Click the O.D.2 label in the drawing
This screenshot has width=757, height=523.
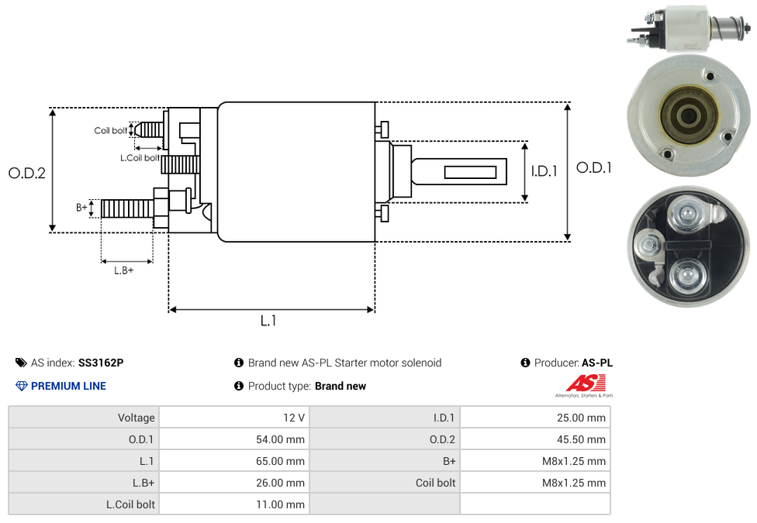tap(27, 173)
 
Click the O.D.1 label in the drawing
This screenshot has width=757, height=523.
tap(594, 167)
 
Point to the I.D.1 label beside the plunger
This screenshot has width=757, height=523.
tap(544, 172)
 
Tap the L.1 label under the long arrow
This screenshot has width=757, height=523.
tap(268, 321)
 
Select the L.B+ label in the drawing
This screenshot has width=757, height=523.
tap(124, 270)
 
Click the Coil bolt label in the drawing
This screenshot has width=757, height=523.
tap(111, 131)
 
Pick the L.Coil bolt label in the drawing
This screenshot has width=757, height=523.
tap(140, 158)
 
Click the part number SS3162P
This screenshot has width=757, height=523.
tap(101, 363)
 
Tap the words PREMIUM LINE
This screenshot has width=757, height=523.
tap(68, 386)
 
